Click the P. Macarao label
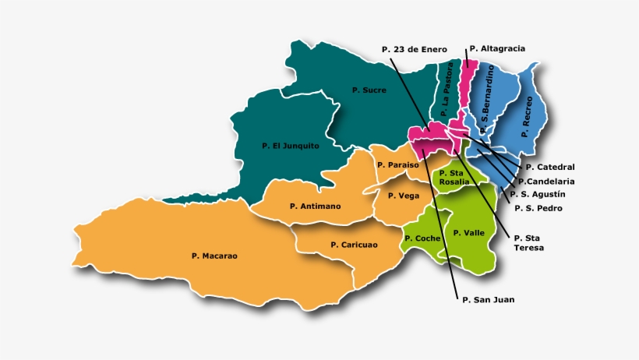214,256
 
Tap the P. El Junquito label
287,145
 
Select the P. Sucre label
369,90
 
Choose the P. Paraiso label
397,165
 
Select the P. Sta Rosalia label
454,177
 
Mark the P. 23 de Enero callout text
415,49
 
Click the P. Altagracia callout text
497,48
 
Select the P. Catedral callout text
549,167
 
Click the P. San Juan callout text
488,299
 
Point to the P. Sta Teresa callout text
528,242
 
